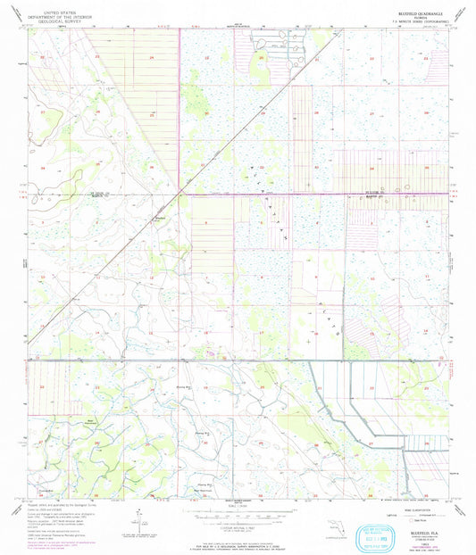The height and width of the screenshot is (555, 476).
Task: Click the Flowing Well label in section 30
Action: (x=202, y=431)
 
